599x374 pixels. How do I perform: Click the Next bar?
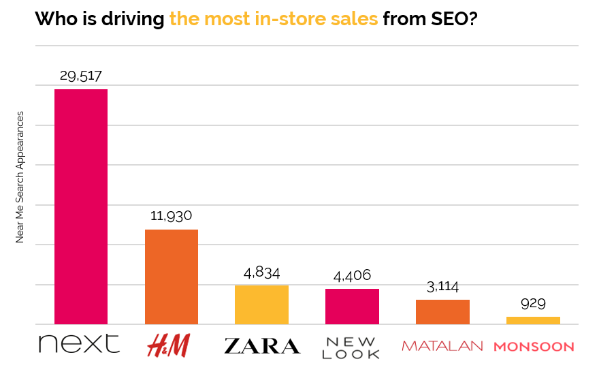point(81,206)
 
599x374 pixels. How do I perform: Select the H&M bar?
point(172,277)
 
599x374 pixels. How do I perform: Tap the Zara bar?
point(261,305)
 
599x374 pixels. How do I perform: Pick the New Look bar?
point(352,307)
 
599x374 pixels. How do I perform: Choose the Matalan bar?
point(442,311)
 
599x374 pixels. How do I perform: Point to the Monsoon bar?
point(533,320)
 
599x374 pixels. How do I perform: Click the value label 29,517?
point(81,76)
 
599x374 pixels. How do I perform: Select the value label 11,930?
point(172,216)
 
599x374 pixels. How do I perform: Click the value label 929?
point(533,303)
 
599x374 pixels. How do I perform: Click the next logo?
point(79,344)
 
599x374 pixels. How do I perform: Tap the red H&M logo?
point(169,345)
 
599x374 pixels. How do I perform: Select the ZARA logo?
point(262,346)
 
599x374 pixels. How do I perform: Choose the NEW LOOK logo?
point(352,347)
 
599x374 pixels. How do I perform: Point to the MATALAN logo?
point(442,346)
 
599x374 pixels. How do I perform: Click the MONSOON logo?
point(534,347)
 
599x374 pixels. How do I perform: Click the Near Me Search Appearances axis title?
point(20,176)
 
